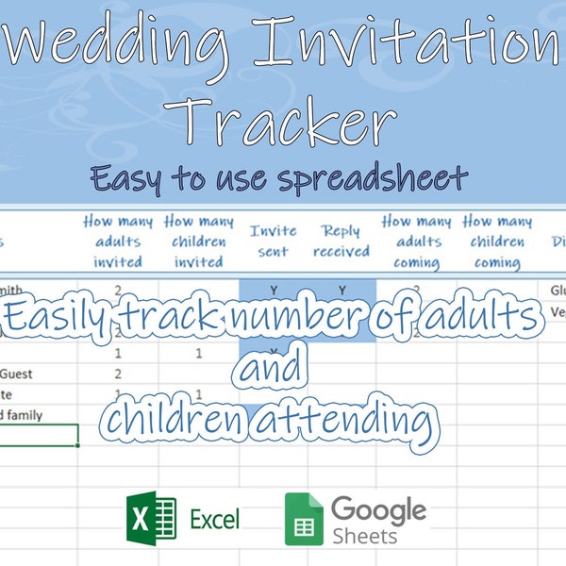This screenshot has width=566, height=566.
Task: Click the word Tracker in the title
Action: pos(284,124)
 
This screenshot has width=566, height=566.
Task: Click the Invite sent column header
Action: pos(273,241)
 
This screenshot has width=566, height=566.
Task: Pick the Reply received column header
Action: pos(341,241)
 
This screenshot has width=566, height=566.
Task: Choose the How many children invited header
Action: pos(199,241)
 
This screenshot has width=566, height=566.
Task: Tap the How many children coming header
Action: pos(497,241)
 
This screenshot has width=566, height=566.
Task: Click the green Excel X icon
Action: pos(151,518)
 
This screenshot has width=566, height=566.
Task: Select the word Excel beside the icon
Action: pos(214,518)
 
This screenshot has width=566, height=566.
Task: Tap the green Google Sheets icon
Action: pos(304,519)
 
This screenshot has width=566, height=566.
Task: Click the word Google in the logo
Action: pos(378,509)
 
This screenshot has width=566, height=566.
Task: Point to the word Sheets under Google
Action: pos(363,536)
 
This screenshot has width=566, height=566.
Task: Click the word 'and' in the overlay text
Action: pos(271,369)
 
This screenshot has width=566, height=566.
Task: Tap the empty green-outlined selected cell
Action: pos(39,435)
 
